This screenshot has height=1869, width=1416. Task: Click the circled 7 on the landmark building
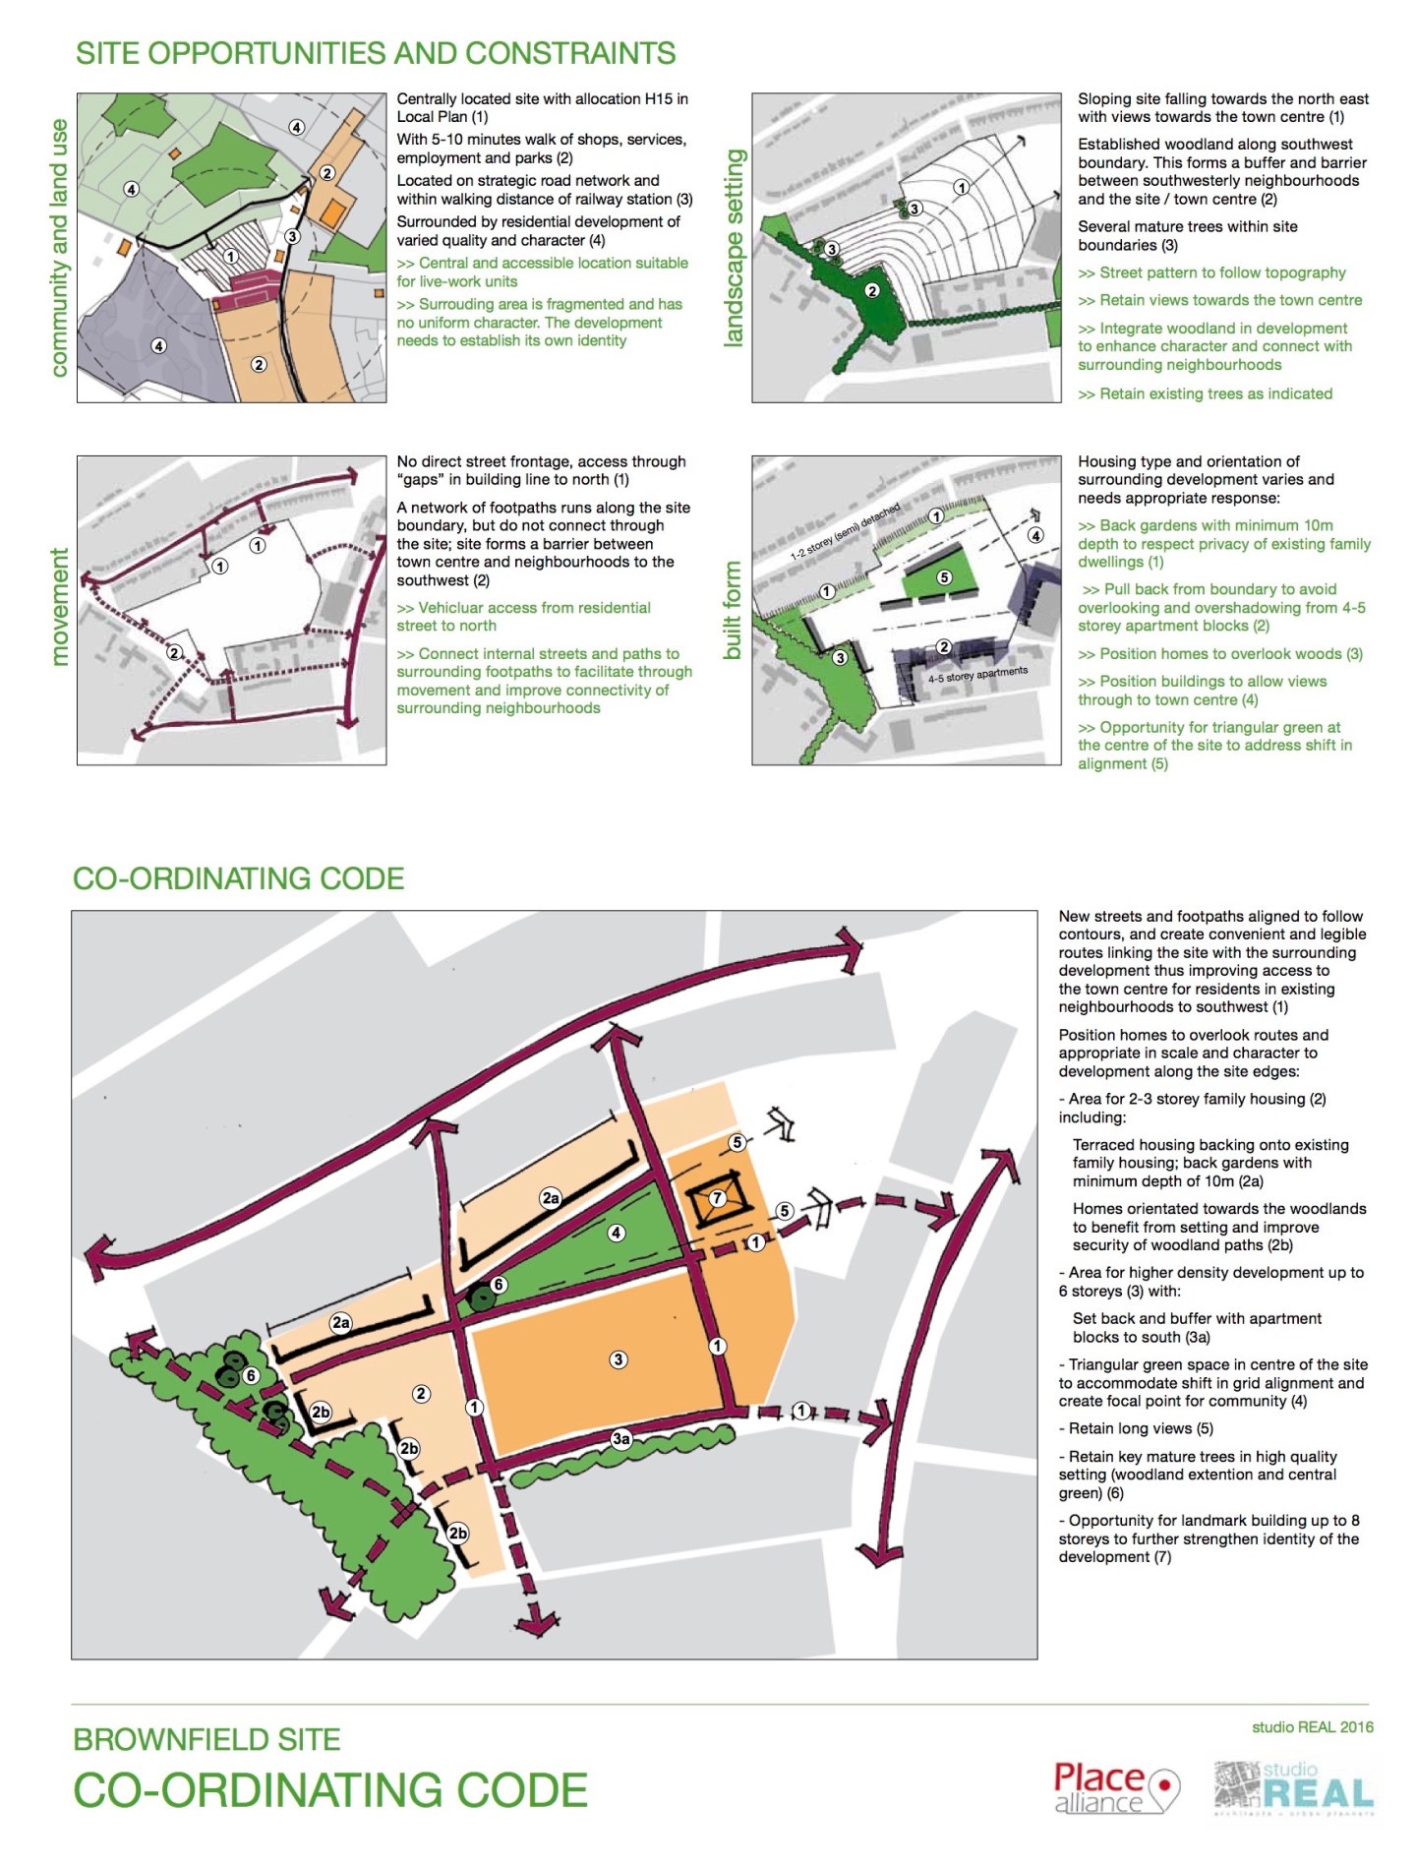[x=718, y=1198]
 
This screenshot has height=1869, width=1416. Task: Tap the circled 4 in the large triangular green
[x=617, y=1233]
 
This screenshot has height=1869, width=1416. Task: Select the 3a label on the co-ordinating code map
[x=621, y=1439]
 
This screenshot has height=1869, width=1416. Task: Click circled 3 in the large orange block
[x=619, y=1359]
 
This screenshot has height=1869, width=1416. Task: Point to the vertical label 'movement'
[x=60, y=607]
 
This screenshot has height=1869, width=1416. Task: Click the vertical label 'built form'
[x=733, y=610]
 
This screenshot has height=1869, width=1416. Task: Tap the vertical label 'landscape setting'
[x=734, y=248]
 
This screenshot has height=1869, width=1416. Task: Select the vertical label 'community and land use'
[x=59, y=248]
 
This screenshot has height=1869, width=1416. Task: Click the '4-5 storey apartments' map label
[x=977, y=675]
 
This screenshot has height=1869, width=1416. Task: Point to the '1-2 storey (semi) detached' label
[x=846, y=532]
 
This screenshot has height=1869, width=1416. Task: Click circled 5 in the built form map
[x=944, y=577]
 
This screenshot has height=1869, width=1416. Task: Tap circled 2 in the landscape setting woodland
[x=872, y=290]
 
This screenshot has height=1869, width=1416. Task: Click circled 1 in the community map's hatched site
[x=231, y=257]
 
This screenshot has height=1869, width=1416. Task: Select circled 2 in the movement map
[x=174, y=652]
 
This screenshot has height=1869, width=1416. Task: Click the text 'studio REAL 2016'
[x=1313, y=1726]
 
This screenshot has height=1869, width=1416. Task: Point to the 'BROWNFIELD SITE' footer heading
[x=206, y=1739]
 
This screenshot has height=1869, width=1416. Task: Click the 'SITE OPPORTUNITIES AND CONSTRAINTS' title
[x=376, y=53]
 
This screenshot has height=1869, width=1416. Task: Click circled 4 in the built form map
[x=1035, y=535]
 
